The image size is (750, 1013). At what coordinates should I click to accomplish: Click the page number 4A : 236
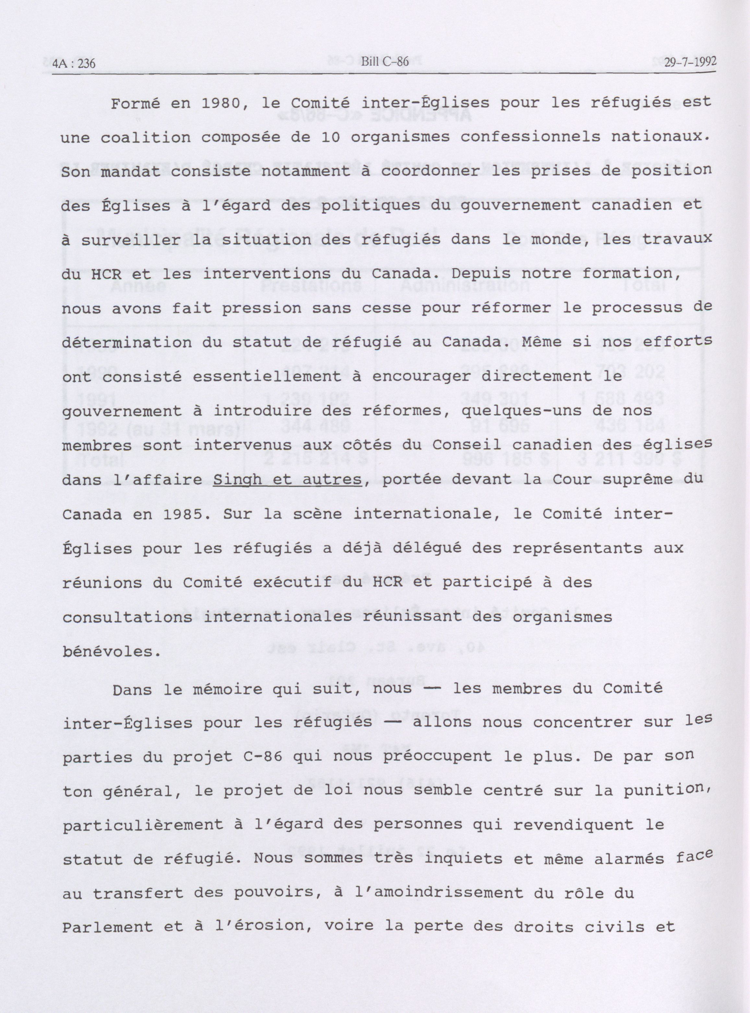[x=74, y=64]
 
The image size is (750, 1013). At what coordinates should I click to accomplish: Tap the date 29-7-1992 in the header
[x=690, y=62]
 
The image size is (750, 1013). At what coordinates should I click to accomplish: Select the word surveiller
[x=132, y=240]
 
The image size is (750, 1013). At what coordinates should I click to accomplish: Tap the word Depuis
[x=476, y=274]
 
